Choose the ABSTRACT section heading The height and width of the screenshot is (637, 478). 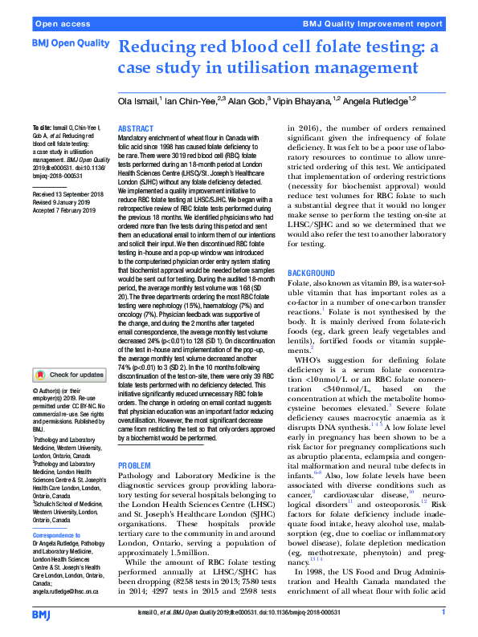pos(136,129)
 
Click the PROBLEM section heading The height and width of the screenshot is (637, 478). pos(134,466)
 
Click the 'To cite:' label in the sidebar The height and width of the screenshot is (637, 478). pos(41,129)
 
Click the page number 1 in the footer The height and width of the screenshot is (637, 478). pos(443,612)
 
